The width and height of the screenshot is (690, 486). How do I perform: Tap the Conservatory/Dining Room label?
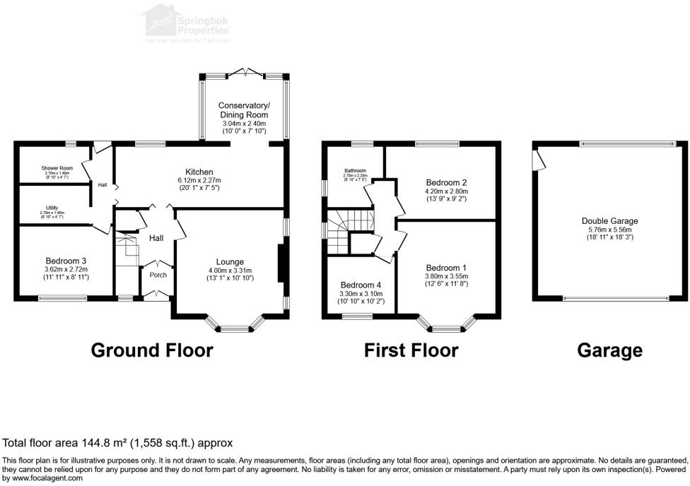[x=244, y=110]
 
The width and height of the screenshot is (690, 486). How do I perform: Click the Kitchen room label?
[x=199, y=172]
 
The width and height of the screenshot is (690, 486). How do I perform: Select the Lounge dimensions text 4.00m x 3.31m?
[x=229, y=271]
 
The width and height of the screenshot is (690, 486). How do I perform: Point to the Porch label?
[x=158, y=275]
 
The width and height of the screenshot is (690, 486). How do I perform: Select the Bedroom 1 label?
[x=445, y=267]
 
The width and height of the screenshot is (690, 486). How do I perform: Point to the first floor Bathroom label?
[x=355, y=170]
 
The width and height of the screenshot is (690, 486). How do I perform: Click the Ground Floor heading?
[x=152, y=350]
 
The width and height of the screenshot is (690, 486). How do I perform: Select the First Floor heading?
[x=411, y=350]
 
